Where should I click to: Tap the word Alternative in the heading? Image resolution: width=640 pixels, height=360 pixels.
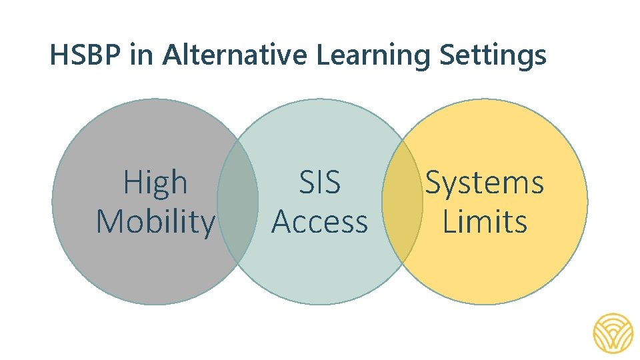coord(236,56)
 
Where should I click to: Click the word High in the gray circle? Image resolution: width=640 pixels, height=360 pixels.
coord(155,183)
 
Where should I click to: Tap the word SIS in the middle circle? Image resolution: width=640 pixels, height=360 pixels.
coord(319,183)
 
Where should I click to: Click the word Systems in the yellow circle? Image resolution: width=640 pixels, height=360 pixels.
coord(485,183)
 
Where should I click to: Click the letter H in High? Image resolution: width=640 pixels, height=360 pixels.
coord(131,183)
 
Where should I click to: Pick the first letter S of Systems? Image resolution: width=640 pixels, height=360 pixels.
coord(434,183)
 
